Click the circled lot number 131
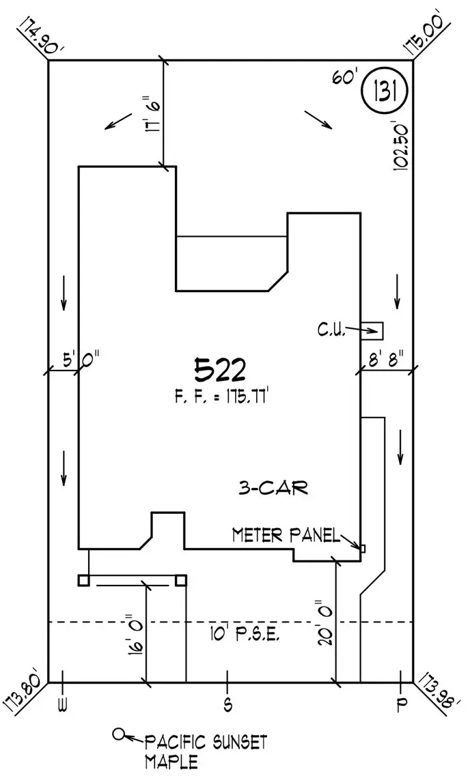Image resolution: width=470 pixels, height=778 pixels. click(x=385, y=92)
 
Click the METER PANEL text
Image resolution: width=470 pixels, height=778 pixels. click(x=286, y=535)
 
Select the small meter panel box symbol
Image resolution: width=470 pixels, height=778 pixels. click(x=363, y=549)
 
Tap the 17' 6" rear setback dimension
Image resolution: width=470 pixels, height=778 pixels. click(x=152, y=115)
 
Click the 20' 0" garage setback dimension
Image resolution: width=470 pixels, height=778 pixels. click(x=326, y=623)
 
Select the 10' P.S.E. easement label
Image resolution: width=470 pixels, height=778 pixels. click(x=245, y=635)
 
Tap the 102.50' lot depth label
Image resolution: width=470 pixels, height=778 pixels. click(x=401, y=145)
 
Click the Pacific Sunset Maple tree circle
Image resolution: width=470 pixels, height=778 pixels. click(x=117, y=734)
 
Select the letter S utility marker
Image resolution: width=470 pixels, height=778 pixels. click(x=227, y=704)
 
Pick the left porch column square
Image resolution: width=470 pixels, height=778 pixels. click(x=83, y=580)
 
